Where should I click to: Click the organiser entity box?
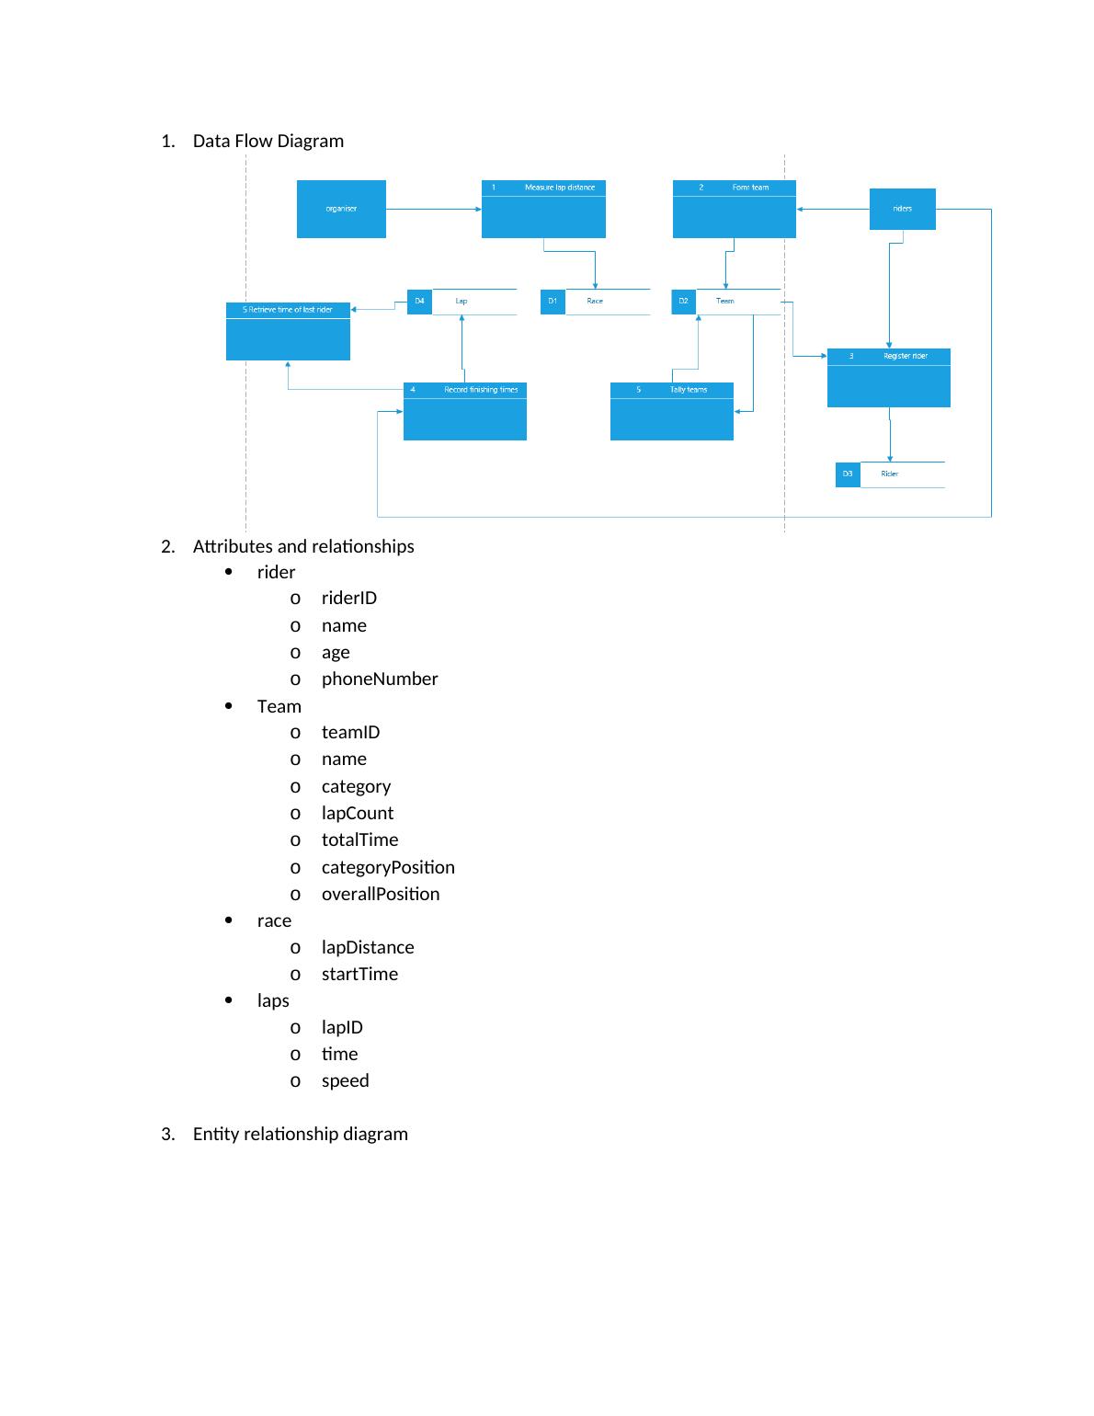341,209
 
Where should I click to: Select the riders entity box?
902,209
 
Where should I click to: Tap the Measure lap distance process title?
559,188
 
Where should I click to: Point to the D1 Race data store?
594,302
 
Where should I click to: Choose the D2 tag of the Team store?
683,302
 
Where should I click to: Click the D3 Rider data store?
889,474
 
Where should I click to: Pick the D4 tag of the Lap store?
419,302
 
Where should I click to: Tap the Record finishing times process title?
480,390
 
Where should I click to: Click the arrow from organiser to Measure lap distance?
433,209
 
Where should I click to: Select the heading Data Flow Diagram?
268,142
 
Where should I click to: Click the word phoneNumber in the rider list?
379,679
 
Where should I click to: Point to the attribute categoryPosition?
387,868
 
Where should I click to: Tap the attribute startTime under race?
359,975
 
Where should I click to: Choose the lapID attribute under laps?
342,1028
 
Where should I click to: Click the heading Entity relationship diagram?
300,1135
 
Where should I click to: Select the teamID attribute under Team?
350,733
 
